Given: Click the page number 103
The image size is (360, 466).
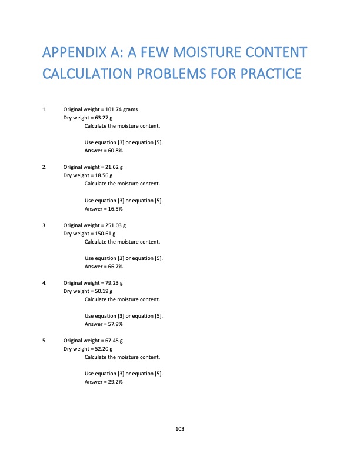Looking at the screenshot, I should tap(180, 429).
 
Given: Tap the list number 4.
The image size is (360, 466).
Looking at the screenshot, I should tap(45, 282).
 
